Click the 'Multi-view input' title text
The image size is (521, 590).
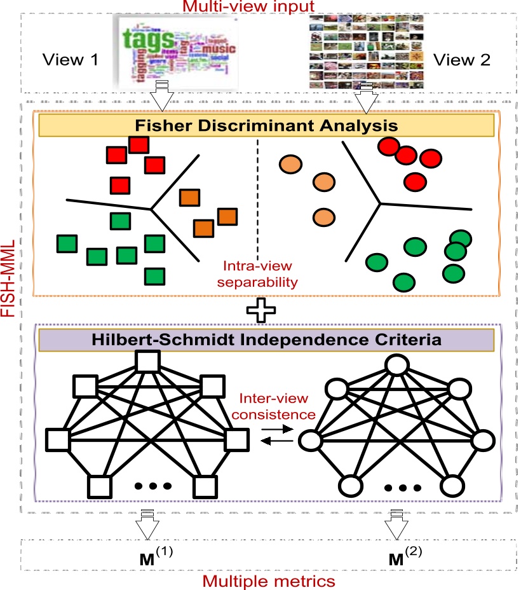pyautogui.click(x=259, y=7)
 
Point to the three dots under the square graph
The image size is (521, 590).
pyautogui.click(x=152, y=486)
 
